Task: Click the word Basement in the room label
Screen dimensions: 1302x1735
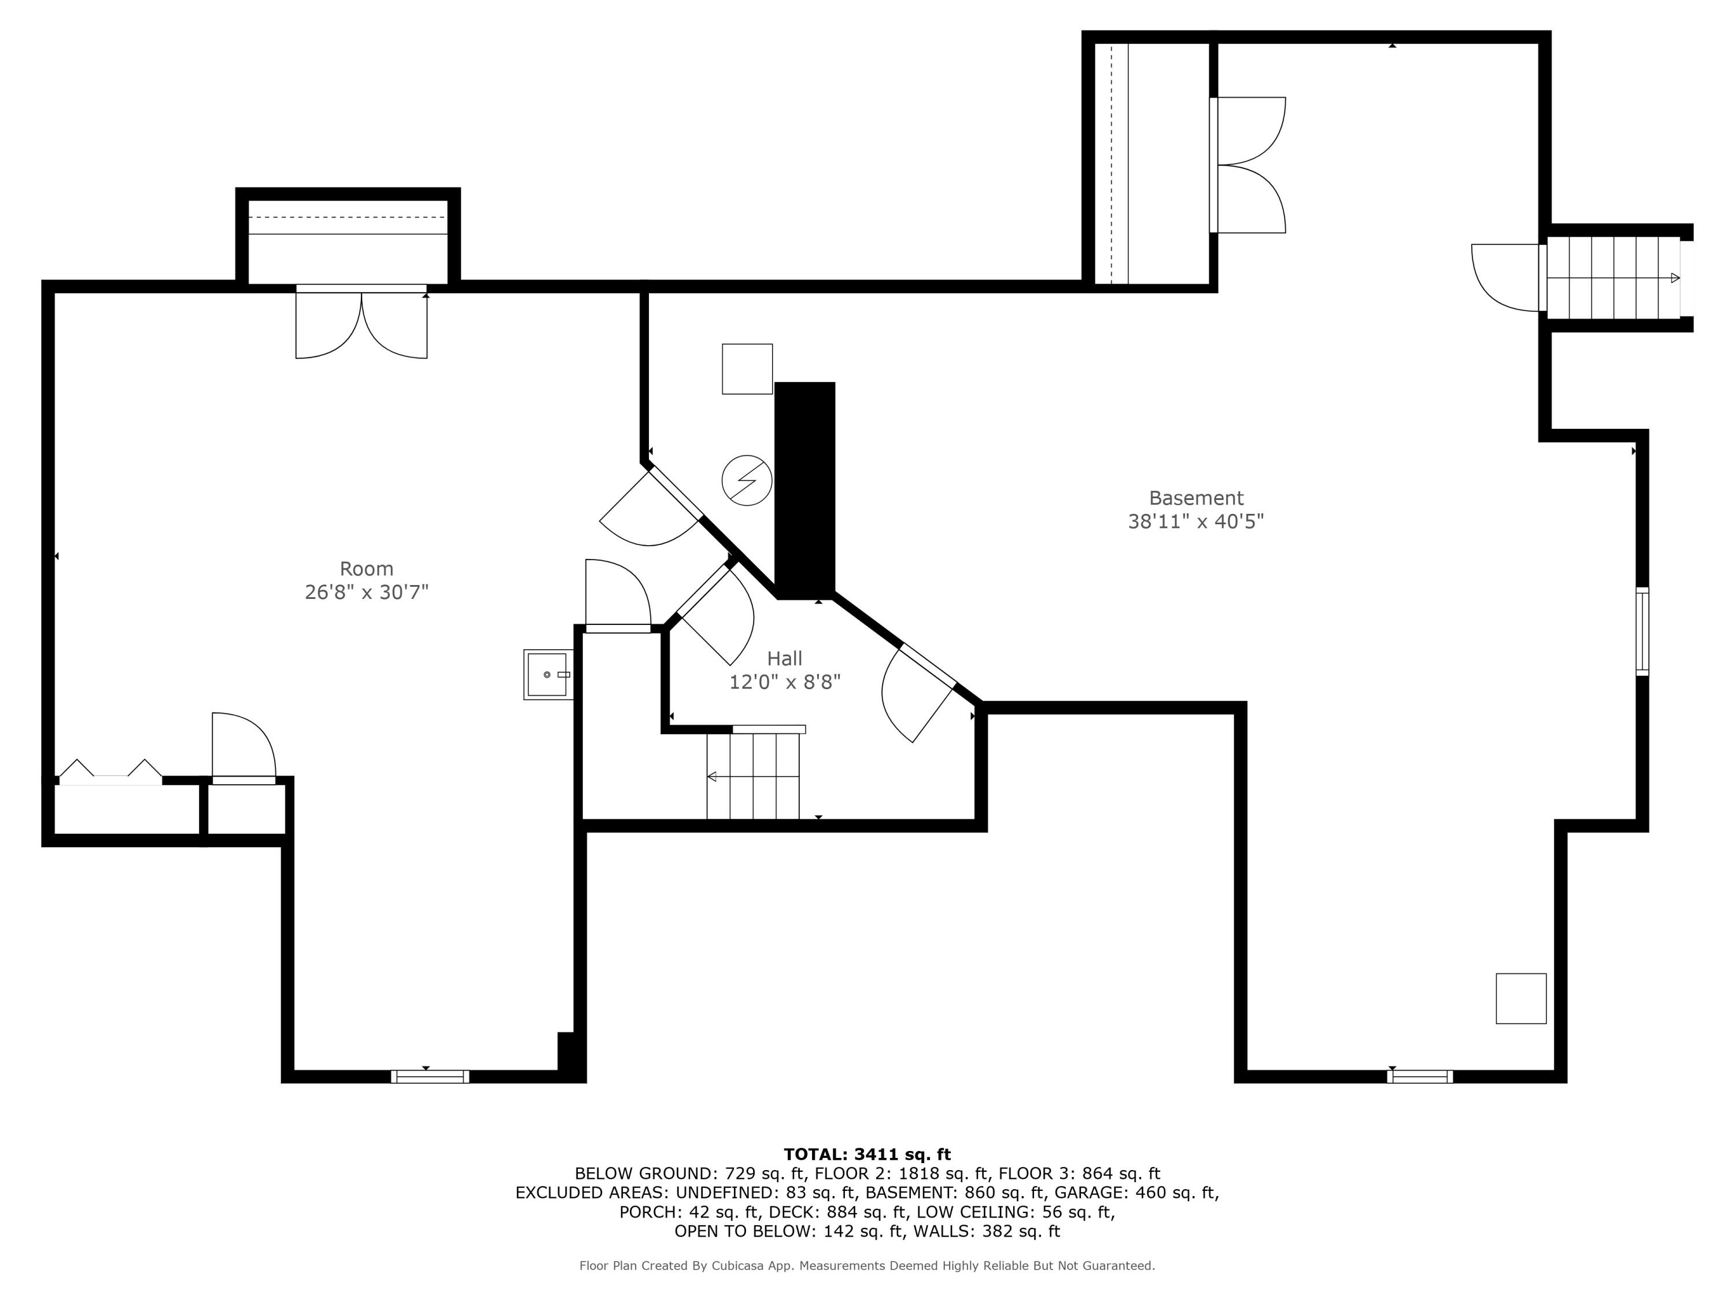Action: [1195, 498]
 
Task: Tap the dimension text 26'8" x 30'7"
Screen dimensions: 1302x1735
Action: [366, 592]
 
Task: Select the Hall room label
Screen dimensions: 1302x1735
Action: [784, 659]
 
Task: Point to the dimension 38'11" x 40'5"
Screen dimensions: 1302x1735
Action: [1195, 521]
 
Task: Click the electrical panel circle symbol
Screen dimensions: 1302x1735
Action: [746, 480]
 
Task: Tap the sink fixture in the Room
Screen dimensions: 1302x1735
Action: [548, 674]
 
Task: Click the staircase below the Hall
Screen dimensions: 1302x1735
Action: [753, 776]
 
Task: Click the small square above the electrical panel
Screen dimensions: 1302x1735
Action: [747, 369]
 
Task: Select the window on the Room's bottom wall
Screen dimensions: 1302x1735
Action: [430, 1076]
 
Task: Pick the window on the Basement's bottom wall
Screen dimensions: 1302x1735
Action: [1419, 1076]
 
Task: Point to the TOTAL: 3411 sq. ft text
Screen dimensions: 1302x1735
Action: [867, 1154]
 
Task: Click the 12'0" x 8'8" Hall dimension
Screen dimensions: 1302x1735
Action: [784, 682]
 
